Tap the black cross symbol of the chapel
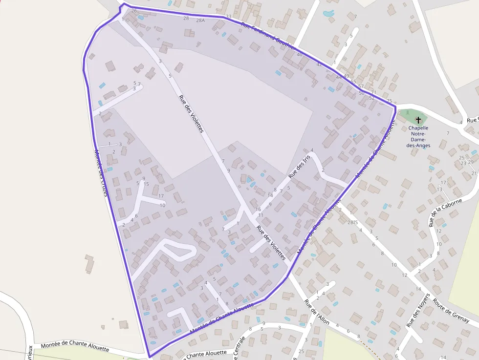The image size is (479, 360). [418, 120]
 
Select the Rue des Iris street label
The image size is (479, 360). [299, 167]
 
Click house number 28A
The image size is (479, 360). [200, 21]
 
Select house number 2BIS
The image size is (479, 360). [352, 222]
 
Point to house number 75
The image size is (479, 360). [389, 101]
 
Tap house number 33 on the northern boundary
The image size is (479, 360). [228, 17]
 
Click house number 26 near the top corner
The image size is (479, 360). [134, 10]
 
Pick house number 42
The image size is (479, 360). [319, 64]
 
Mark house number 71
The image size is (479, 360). [373, 92]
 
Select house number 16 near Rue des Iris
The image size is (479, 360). [258, 209]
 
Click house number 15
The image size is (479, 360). [146, 184]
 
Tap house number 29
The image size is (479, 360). [471, 162]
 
